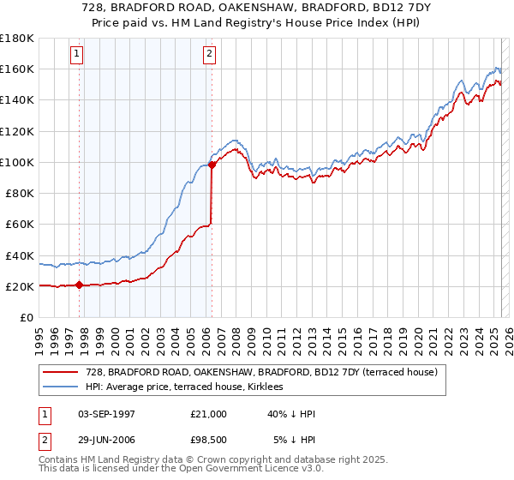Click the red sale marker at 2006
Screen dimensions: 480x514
[211, 165]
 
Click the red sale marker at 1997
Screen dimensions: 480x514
[79, 285]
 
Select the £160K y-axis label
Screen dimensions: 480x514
[17, 69]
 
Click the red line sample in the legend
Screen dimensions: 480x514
[60, 372]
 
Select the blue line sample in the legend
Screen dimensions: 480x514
[60, 387]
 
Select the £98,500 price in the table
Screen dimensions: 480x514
[208, 440]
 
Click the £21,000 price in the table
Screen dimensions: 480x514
[208, 414]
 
